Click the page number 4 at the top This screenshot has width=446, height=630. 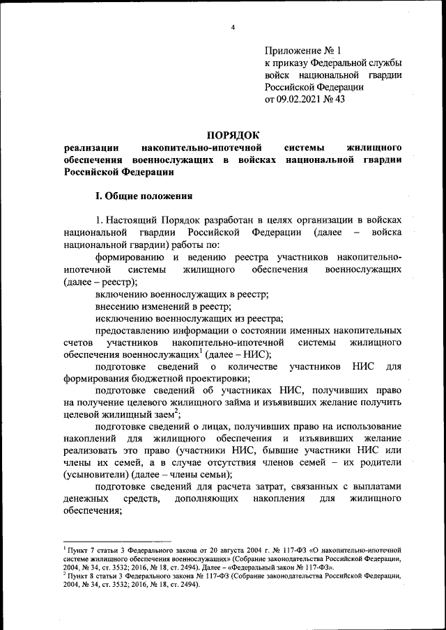(233, 27)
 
